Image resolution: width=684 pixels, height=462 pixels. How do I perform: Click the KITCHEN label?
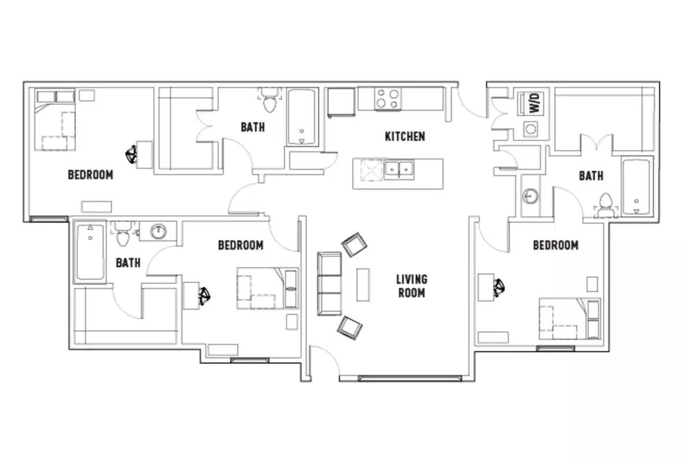click(405, 136)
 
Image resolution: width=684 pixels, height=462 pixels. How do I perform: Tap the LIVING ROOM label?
click(412, 286)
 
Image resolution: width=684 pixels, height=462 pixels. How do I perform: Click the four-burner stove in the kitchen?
click(388, 99)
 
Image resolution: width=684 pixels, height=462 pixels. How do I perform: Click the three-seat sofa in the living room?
click(329, 284)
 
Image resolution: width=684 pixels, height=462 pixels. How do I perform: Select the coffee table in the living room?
click(363, 284)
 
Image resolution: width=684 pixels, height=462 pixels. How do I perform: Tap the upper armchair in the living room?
click(355, 245)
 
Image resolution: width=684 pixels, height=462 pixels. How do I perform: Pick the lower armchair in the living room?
click(350, 327)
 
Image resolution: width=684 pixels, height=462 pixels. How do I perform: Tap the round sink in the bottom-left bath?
click(158, 232)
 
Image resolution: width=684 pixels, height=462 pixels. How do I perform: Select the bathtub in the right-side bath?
click(636, 186)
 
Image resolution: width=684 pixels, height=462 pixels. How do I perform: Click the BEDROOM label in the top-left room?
click(90, 174)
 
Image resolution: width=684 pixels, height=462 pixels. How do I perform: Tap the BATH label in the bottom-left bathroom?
click(128, 263)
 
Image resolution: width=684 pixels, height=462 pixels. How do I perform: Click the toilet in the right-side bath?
click(605, 205)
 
